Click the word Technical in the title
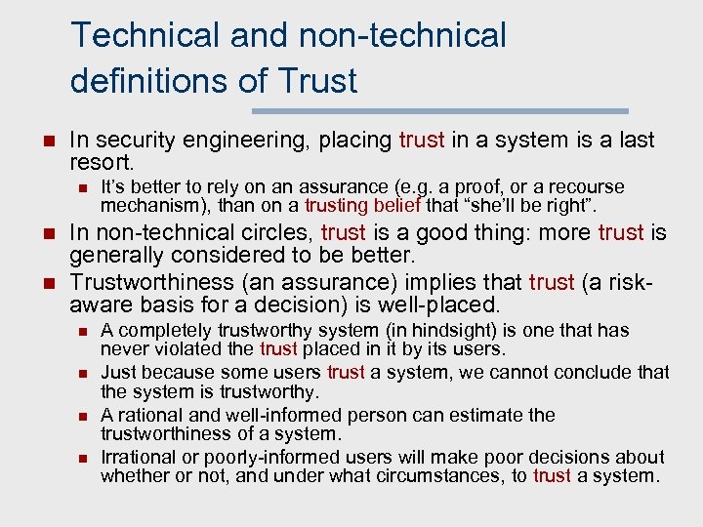tap(146, 35)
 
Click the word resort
tap(103, 162)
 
